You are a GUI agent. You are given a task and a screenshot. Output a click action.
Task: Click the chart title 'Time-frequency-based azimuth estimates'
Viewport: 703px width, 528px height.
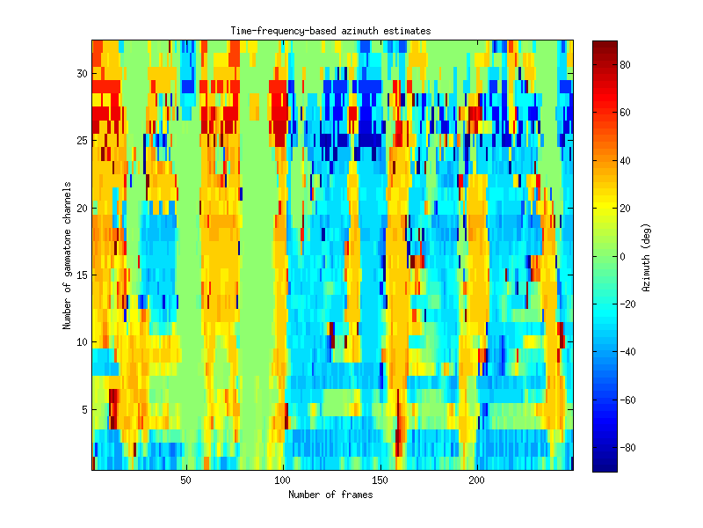330,31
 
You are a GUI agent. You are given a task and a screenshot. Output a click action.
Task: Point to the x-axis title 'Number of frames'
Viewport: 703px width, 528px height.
330,495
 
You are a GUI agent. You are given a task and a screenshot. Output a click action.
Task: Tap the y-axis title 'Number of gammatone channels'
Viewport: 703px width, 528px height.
66,256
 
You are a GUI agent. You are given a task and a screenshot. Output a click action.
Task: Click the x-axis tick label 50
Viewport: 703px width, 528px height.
185,480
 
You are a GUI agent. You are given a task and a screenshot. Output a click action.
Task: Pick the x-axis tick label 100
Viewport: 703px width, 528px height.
283,480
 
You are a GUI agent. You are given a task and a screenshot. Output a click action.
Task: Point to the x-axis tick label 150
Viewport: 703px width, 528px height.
380,480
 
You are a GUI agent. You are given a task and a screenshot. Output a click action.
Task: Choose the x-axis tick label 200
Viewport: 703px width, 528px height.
477,480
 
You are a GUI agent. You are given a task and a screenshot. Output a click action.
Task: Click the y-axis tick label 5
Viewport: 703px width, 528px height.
83,409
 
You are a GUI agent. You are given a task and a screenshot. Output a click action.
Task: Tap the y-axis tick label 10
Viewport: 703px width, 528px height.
80,341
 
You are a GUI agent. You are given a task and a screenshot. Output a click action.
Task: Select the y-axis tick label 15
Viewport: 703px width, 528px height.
80,275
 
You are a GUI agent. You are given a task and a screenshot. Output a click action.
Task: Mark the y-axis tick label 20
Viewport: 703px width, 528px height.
80,208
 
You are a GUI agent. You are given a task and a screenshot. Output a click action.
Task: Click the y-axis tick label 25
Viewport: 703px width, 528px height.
80,141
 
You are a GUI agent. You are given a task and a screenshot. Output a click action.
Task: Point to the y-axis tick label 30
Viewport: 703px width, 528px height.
80,74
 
